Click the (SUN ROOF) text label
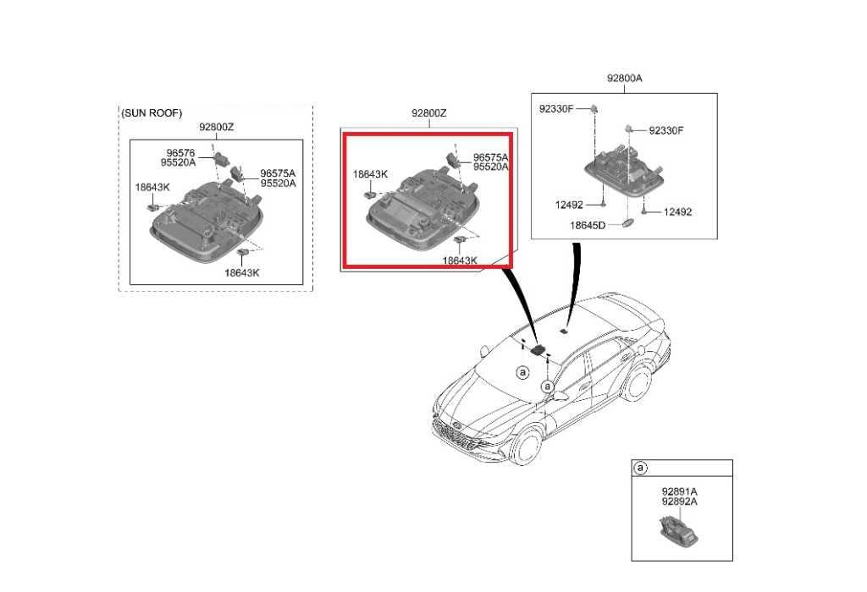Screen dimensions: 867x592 point(152,113)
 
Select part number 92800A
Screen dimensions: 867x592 point(624,79)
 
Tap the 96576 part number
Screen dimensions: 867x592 point(181,153)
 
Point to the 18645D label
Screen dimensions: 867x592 point(588,225)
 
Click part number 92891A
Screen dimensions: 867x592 point(680,491)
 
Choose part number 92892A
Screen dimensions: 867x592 point(680,502)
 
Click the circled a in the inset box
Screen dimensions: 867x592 point(640,469)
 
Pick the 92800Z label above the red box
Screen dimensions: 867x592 point(428,113)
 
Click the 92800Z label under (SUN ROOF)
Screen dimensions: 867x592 point(216,127)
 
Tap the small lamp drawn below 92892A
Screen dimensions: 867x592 point(678,529)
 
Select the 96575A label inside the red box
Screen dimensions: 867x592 point(490,158)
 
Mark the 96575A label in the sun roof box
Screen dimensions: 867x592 point(278,173)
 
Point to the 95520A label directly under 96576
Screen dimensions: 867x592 point(178,163)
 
